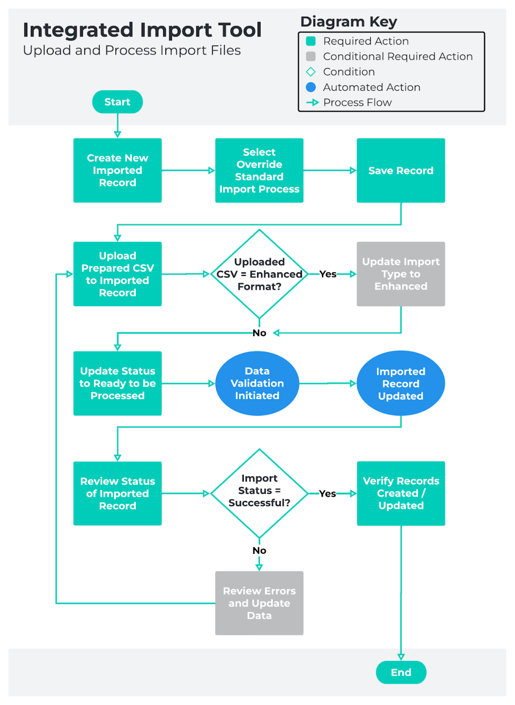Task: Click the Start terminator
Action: [117, 102]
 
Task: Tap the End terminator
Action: [401, 672]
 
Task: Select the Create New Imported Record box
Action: [117, 170]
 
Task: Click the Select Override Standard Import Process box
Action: [259, 170]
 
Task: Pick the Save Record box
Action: [401, 170]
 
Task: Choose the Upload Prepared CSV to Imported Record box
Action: [117, 274]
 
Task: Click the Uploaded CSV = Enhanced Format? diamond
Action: [259, 274]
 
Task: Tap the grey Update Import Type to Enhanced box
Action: [401, 274]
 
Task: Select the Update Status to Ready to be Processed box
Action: [117, 383]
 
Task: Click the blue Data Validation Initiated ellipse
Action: [257, 383]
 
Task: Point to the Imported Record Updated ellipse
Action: [401, 383]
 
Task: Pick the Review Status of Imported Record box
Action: [117, 493]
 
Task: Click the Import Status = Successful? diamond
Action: [259, 493]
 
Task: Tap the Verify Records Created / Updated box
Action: [401, 493]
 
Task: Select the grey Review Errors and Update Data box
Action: [259, 603]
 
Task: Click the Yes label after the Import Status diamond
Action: [327, 494]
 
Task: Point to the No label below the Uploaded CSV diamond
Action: [259, 333]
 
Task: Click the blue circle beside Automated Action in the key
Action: [311, 87]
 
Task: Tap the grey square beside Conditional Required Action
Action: [311, 56]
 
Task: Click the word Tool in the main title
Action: [240, 30]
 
